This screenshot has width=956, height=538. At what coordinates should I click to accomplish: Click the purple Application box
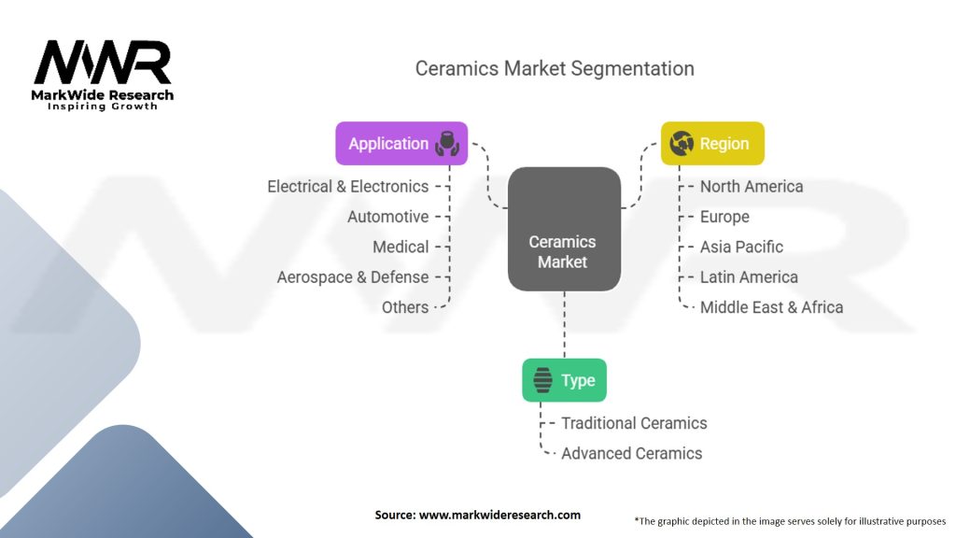401,144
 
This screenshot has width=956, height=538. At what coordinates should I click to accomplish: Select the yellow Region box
712,144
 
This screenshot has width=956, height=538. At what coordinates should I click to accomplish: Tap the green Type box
564,380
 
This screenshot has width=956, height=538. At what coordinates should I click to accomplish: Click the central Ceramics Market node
564,229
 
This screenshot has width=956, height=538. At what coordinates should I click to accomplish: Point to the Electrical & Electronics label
347,187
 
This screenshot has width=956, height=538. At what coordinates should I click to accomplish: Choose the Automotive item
387,217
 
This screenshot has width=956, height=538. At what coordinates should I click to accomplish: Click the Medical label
401,247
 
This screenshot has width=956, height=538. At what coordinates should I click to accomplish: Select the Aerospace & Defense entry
353,277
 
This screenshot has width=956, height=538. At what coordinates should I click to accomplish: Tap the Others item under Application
405,307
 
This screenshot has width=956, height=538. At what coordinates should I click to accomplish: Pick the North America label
752,187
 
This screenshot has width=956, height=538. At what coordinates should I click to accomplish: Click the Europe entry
724,217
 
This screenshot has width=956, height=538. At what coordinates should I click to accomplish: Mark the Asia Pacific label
741,247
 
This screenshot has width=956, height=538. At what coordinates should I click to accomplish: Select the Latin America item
749,277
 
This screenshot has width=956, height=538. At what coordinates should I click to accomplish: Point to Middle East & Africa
771,307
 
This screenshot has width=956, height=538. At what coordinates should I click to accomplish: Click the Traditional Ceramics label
634,423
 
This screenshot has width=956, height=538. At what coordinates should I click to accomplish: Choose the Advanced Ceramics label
631,453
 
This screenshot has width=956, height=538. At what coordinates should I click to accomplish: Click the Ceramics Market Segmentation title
555,68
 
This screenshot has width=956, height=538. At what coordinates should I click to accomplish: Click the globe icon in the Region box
682,144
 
